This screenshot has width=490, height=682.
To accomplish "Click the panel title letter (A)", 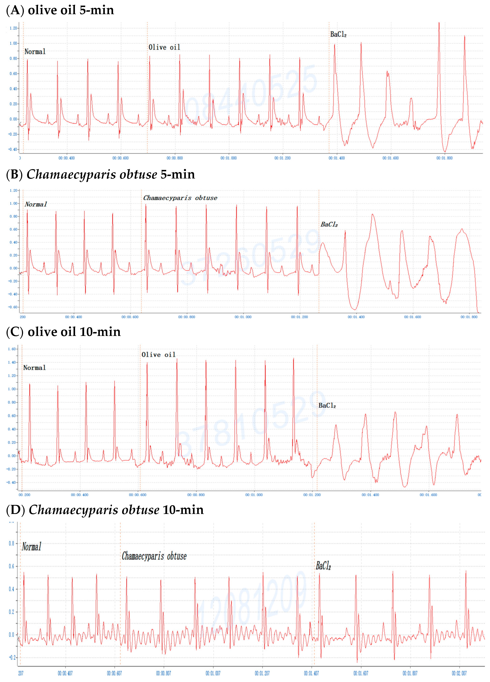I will [x=15, y=10].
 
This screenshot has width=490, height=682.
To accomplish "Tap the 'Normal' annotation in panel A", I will [x=35, y=52].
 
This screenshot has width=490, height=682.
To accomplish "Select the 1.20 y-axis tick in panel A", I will [x=13, y=28].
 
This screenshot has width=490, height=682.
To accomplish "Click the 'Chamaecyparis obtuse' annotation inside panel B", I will [x=180, y=198].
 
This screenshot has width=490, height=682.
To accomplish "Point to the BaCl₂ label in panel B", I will [x=329, y=224].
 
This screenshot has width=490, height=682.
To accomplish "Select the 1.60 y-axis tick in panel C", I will [x=12, y=349].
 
